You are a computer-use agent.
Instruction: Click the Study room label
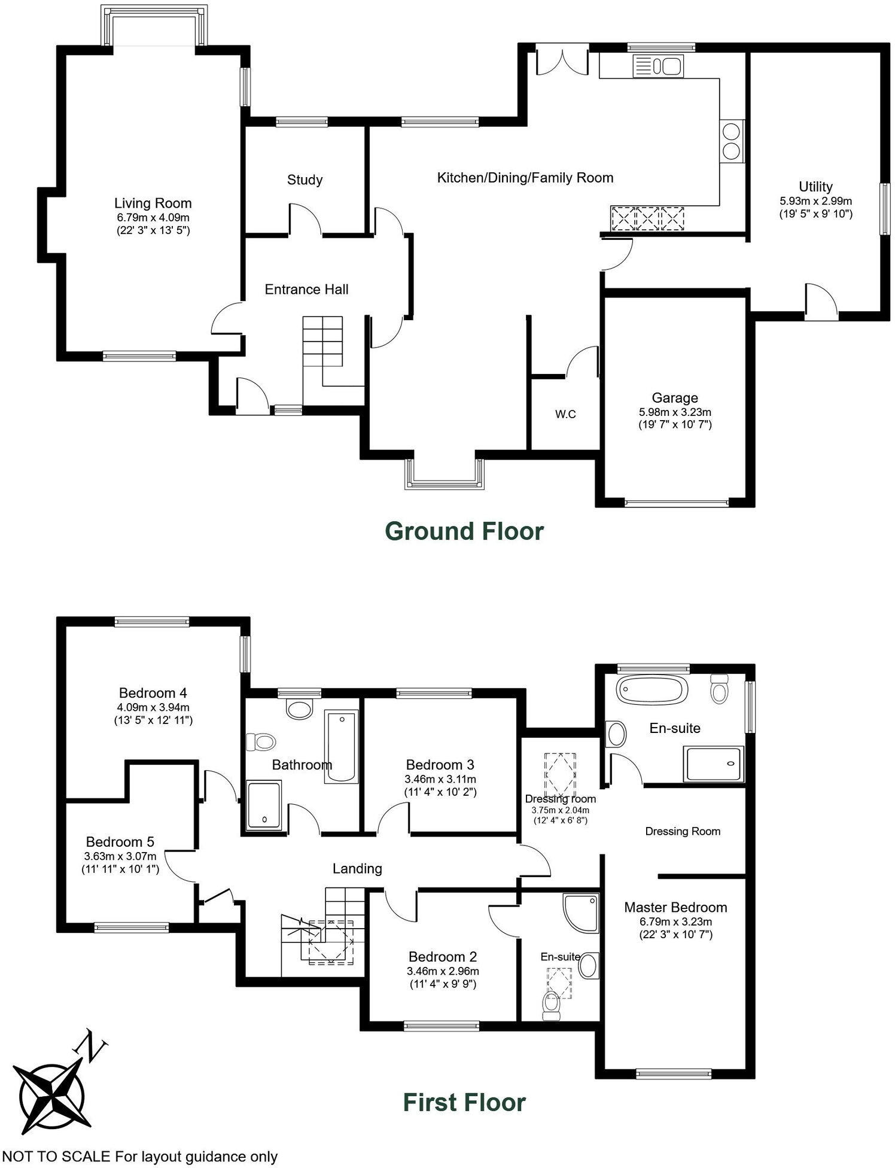305,180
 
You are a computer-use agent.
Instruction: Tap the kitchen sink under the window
658,66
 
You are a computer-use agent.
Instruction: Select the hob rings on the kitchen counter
731,141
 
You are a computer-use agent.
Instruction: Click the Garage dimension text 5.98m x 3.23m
675,412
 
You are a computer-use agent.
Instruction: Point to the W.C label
565,414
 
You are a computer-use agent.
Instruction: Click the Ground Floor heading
464,531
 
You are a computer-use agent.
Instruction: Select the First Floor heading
464,1102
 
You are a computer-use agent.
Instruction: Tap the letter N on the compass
90,1045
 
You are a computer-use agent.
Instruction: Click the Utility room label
815,186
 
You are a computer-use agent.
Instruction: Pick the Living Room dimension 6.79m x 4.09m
153,217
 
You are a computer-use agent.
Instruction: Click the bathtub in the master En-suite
652,690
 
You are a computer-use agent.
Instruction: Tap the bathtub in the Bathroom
342,746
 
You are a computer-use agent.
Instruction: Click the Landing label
357,868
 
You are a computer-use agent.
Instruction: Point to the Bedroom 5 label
120,842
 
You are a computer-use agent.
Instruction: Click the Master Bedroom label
675,907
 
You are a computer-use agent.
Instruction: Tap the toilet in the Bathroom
261,743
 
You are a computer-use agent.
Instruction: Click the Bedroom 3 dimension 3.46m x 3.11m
440,779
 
